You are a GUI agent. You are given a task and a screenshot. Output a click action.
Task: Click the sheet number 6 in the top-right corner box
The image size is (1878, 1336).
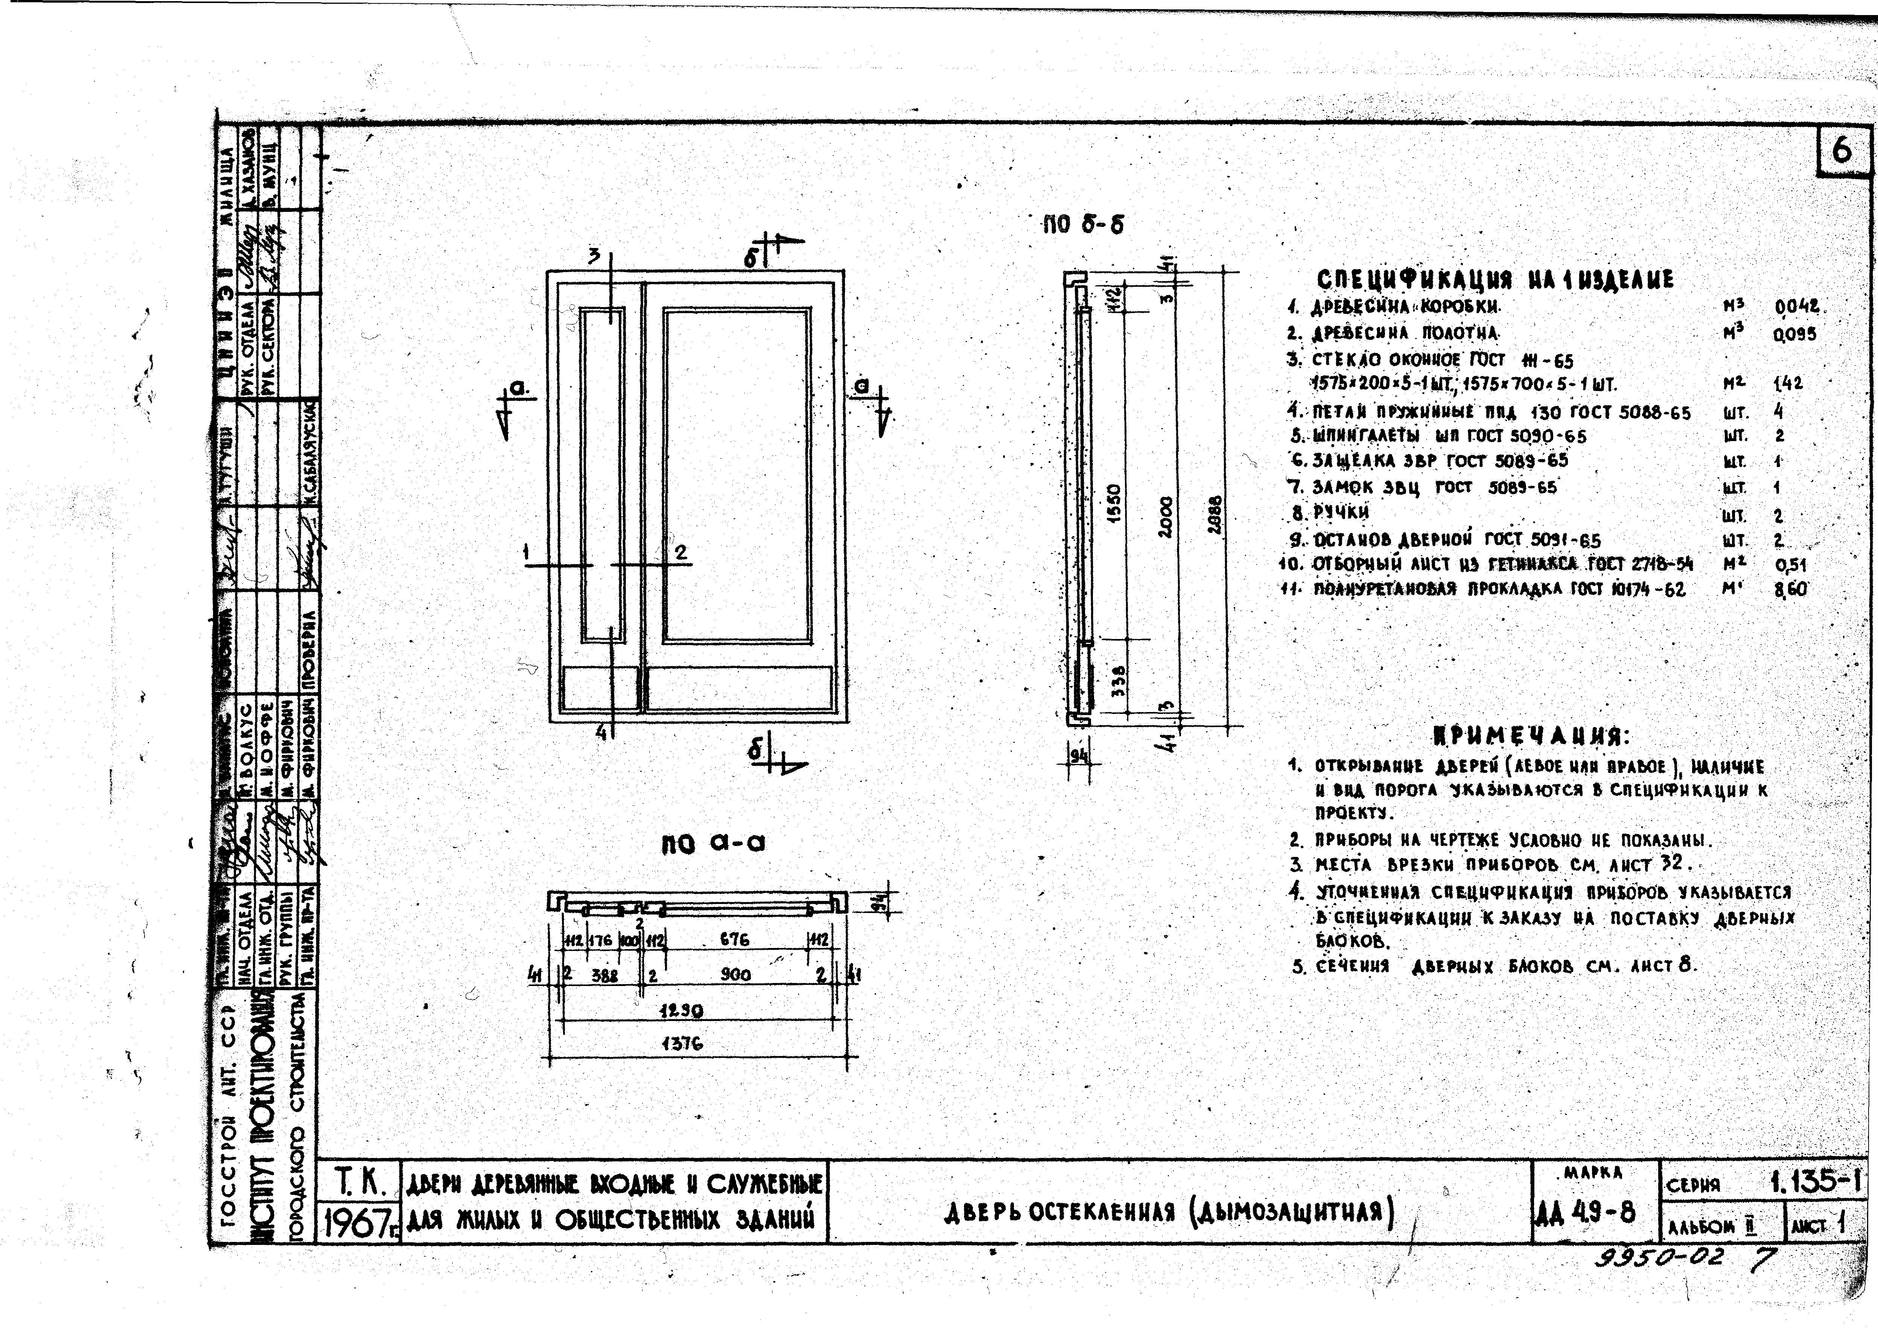point(1841,151)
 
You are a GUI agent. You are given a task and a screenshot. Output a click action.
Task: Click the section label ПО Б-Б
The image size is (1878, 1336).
point(1082,225)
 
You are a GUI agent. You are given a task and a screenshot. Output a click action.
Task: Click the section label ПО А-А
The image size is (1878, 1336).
point(713,844)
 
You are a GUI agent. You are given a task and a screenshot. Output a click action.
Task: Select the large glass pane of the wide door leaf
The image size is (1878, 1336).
point(737,475)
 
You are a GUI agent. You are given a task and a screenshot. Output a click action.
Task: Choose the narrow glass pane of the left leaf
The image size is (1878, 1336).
point(602,475)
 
